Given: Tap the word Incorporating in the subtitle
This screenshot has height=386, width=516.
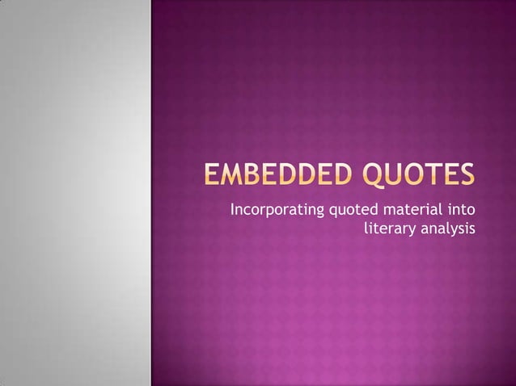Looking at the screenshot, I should (x=276, y=212).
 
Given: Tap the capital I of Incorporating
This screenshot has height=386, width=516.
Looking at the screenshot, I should (x=233, y=212).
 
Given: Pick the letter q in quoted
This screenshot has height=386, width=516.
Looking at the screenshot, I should (x=330, y=213).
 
